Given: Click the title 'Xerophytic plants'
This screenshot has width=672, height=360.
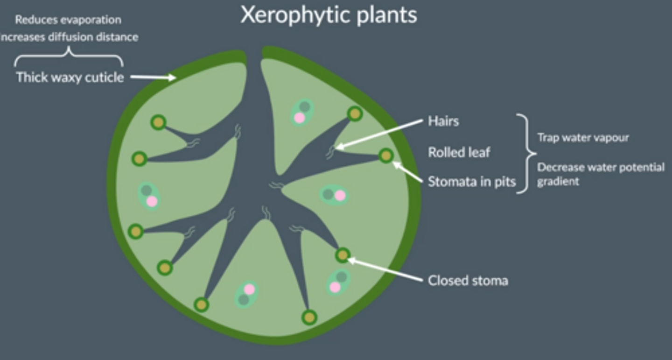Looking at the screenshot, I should [x=329, y=15].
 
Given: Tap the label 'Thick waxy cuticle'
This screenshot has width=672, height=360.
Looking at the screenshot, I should [x=70, y=77].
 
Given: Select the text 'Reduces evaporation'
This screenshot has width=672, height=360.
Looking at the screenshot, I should [x=68, y=20].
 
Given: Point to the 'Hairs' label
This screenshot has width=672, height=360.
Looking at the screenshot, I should [x=443, y=121].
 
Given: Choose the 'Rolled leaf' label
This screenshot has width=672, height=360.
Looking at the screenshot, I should [x=459, y=152].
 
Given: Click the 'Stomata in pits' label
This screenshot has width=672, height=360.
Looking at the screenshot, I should [x=472, y=181].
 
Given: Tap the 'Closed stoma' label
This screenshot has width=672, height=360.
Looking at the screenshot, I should [x=468, y=280].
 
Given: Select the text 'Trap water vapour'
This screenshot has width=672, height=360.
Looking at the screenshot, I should [x=583, y=137].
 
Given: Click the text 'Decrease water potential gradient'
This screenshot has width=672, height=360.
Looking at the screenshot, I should [x=600, y=174].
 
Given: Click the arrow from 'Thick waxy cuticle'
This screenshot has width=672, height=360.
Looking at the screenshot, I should [x=152, y=78].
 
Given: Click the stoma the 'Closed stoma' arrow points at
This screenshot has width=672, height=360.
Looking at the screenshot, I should [x=343, y=255].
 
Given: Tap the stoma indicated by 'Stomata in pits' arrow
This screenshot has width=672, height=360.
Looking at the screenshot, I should [x=386, y=155].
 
